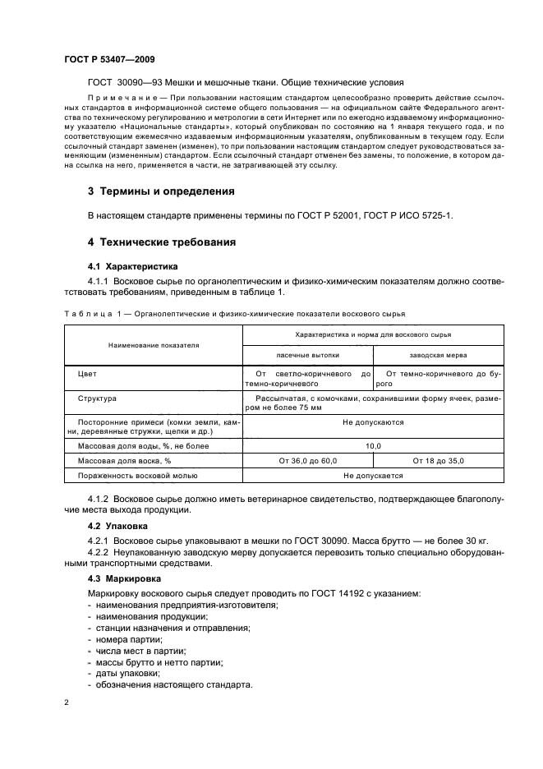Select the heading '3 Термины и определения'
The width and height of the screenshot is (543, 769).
(161, 191)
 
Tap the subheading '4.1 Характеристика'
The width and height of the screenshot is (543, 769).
(132, 267)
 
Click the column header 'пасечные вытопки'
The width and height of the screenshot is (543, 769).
(308, 355)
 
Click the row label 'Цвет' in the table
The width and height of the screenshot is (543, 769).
(87, 373)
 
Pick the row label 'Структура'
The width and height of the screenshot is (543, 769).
(97, 398)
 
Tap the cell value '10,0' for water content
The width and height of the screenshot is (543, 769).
(373, 445)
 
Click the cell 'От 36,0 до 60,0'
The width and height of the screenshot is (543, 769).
(308, 461)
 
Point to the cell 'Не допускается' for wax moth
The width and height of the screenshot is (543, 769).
(373, 476)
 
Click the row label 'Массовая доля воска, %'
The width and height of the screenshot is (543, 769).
(124, 461)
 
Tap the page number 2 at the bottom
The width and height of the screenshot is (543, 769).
(67, 702)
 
